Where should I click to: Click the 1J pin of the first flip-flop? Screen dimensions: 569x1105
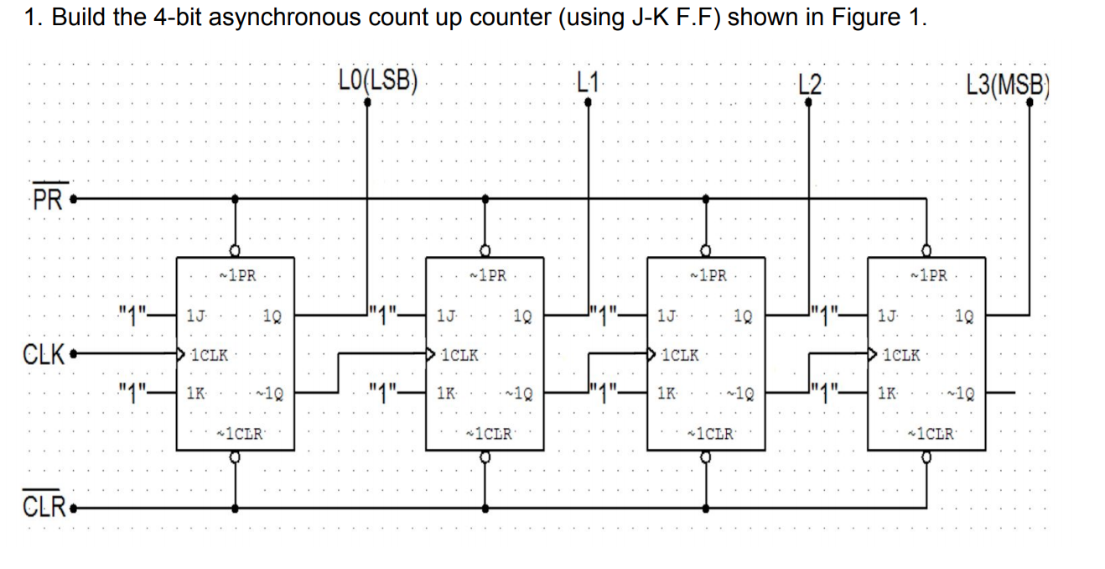tap(195, 317)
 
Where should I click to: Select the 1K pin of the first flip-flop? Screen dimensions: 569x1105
tap(195, 392)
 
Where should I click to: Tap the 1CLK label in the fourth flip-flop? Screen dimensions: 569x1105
tap(900, 355)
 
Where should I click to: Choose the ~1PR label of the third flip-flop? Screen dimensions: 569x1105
tap(707, 275)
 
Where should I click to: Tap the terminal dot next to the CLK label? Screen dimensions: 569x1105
tap(75, 354)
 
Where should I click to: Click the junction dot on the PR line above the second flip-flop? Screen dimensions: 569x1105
tap(485, 199)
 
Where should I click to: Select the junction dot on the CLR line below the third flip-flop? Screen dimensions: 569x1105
tap(706, 508)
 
